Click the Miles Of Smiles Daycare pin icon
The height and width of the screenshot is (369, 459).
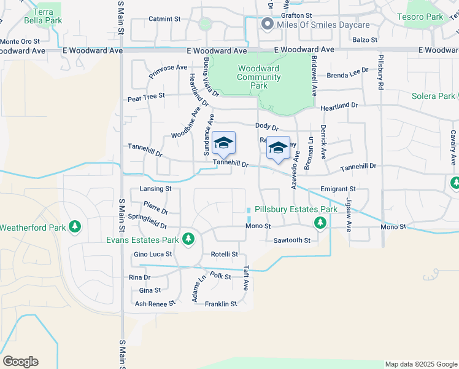pos(267,25)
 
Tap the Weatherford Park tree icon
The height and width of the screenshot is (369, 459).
pos(75,228)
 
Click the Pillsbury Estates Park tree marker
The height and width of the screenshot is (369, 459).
pos(319,222)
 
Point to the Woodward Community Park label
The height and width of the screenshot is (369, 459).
pos(258,77)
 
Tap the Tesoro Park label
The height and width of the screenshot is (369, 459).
pos(420,17)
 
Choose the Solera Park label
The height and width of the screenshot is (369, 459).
pos(433,96)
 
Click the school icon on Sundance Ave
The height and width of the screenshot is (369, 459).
pos(224,144)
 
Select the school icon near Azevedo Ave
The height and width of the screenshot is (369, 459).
pos(278,149)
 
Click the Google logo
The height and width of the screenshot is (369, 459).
pos(20,362)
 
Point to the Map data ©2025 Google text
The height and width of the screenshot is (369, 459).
pos(420,364)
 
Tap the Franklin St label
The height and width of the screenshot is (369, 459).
pos(221,304)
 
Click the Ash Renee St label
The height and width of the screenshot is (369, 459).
pos(155,303)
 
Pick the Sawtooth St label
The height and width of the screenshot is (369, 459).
pos(292,240)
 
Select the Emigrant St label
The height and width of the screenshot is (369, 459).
pos(338,189)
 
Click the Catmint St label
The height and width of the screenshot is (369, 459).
pos(164,19)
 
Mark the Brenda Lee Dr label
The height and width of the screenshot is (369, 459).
pos(347,76)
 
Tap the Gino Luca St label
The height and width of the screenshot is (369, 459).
pos(153,254)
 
